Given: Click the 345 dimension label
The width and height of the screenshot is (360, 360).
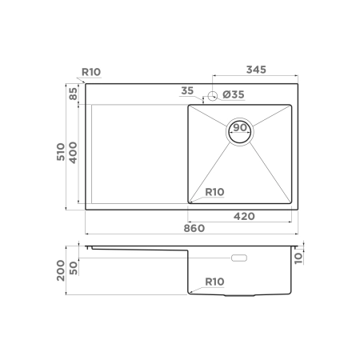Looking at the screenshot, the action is point(256,70).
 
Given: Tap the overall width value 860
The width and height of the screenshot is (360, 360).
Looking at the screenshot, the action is point(194,228).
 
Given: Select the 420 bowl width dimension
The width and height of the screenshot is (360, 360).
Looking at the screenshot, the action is point(244,216).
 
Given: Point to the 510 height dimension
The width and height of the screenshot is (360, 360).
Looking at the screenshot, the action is point(61,152).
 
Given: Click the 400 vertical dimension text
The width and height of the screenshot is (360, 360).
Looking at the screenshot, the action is point(73,153).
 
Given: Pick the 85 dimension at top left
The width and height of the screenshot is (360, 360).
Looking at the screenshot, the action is point(73,94).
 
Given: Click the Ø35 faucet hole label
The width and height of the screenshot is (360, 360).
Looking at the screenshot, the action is point(234,94).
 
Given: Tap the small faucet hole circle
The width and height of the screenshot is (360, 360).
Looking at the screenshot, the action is point(213,95).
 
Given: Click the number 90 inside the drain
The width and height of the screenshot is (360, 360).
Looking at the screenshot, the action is point(240,127).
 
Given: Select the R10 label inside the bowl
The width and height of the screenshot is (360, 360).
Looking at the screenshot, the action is point(214,192).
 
